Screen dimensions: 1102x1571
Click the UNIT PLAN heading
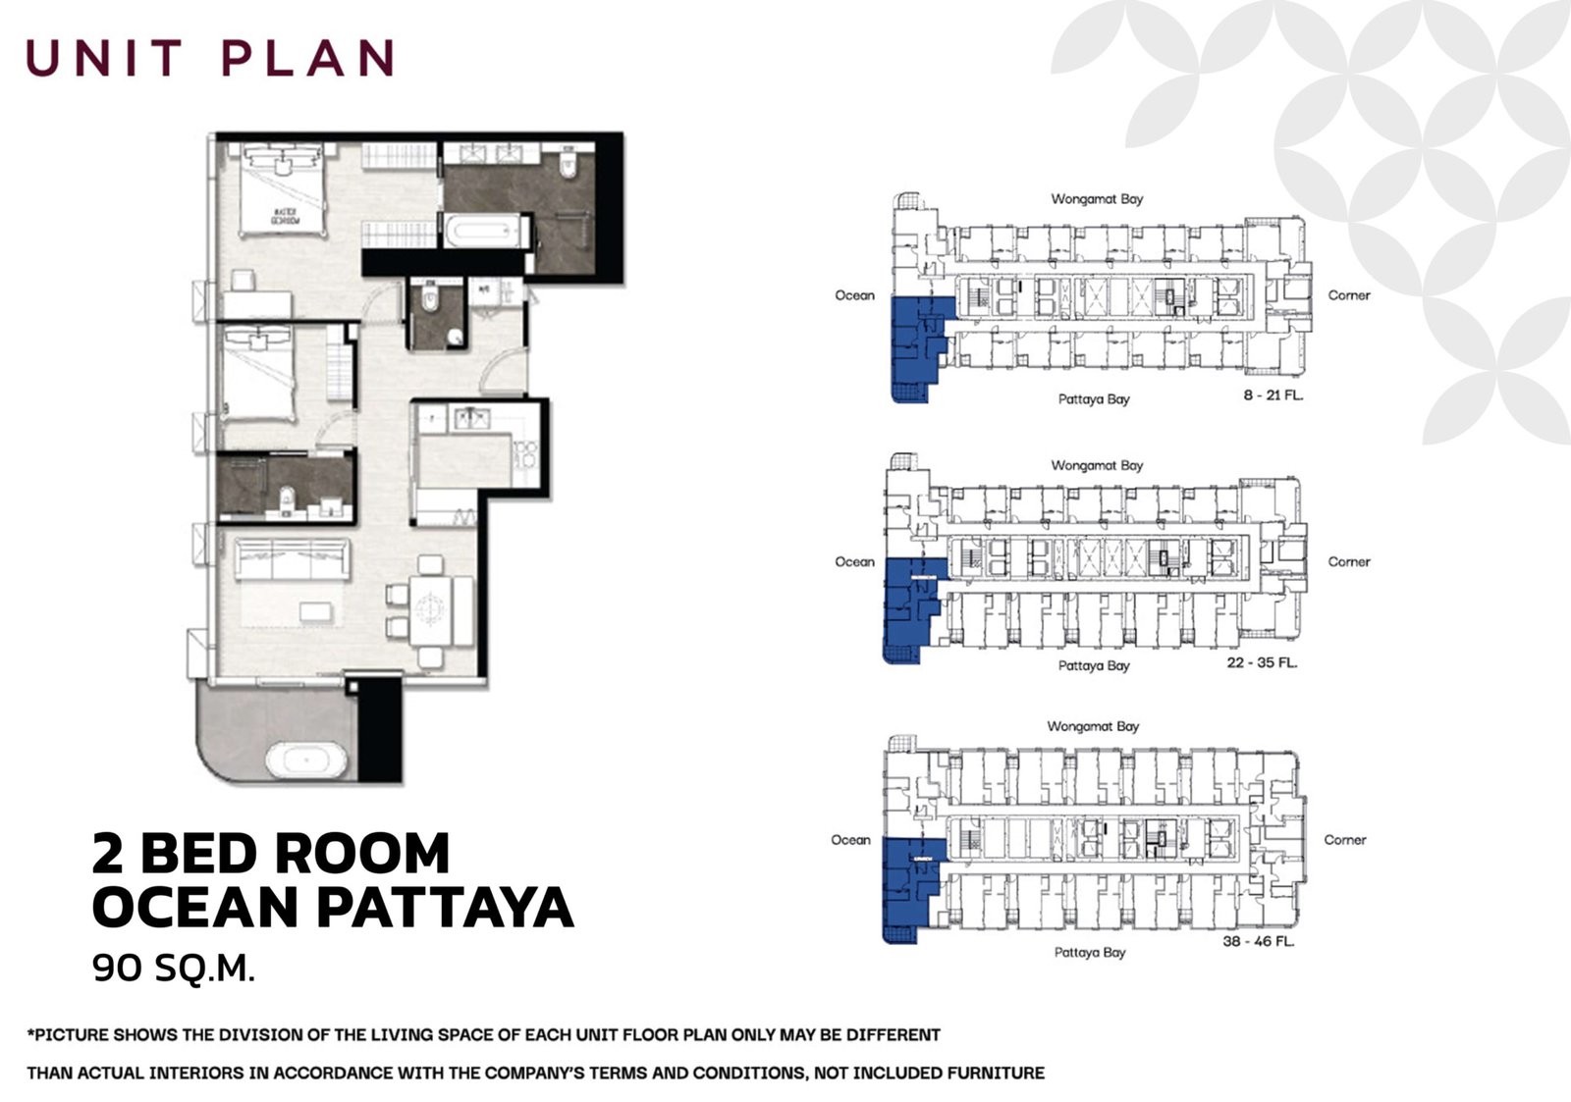(x=210, y=58)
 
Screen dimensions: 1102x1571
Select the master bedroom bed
(x=282, y=190)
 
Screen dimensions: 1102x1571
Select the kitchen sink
(x=470, y=420)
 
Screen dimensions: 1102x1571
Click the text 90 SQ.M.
(x=174, y=969)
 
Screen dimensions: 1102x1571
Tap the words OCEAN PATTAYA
(x=332, y=907)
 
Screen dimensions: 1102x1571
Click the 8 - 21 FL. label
(x=1273, y=395)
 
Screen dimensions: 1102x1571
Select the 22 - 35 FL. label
(x=1262, y=662)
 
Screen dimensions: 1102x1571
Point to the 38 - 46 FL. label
(x=1259, y=941)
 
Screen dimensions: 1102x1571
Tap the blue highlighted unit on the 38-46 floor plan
(x=905, y=888)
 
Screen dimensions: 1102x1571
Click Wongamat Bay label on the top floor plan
(x=1097, y=199)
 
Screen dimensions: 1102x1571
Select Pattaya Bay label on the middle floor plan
(x=1094, y=665)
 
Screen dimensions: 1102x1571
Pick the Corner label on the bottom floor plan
(x=1344, y=840)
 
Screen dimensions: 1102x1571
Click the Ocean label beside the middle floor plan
(x=854, y=562)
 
